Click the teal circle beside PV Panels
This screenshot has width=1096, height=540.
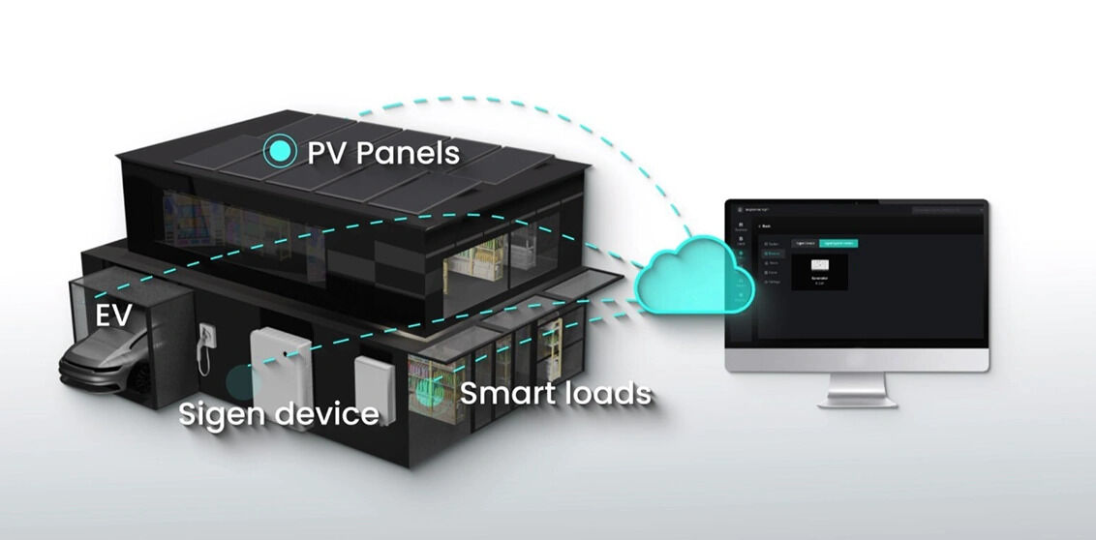[x=281, y=151]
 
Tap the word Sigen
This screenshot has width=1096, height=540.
[x=226, y=414]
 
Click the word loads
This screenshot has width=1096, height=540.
[x=608, y=394]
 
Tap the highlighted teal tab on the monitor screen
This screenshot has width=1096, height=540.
[x=838, y=243]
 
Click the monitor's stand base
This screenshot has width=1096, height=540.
[x=857, y=400]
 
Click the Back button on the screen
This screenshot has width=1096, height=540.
[x=765, y=225]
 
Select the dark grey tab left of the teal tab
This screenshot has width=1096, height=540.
[x=804, y=243]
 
